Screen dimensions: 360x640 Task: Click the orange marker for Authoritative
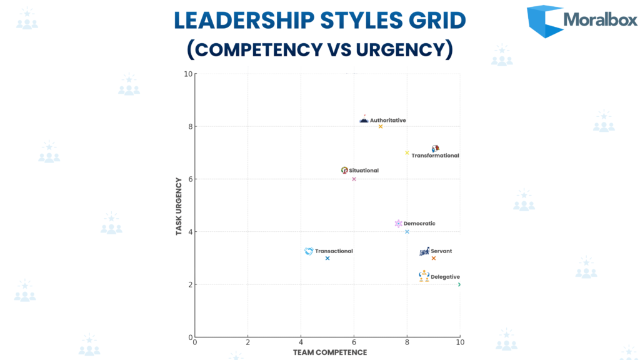click(380, 126)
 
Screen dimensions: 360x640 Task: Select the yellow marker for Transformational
click(407, 152)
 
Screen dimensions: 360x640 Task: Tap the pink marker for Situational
click(354, 179)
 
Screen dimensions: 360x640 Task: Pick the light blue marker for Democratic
click(407, 232)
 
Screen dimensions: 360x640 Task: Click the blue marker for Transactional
click(327, 258)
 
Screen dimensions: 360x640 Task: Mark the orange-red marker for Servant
click(433, 258)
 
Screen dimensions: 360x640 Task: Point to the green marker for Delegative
click(459, 284)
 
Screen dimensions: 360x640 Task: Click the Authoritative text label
click(387, 120)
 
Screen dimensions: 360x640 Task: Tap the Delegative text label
click(445, 277)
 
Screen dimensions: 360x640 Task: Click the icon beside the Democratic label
click(398, 224)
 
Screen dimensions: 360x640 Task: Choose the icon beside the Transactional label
click(309, 251)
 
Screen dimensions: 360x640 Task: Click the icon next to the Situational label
click(344, 170)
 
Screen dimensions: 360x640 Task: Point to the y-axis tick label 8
click(189, 126)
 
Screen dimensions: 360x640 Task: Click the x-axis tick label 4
click(301, 342)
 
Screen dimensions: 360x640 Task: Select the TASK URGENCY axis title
click(179, 206)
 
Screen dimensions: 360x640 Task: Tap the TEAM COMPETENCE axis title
click(329, 352)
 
